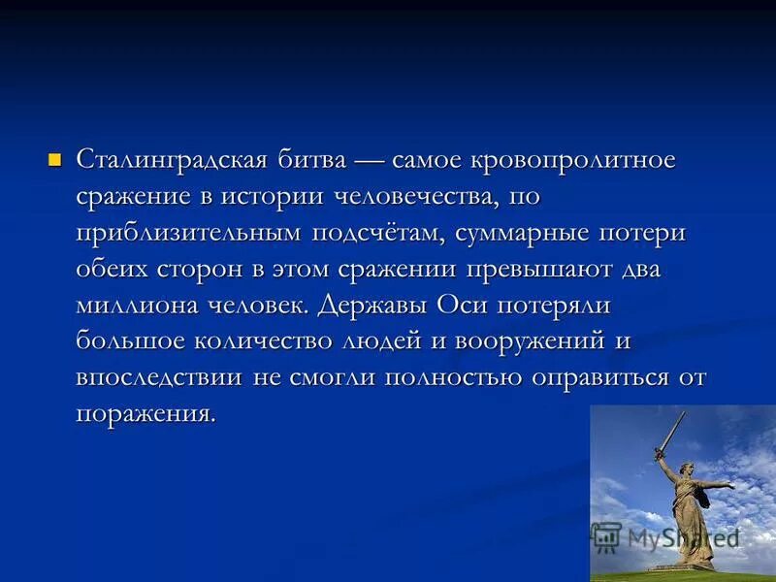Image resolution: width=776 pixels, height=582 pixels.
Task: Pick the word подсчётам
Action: click(x=379, y=233)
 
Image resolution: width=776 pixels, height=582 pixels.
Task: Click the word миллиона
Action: click(x=135, y=305)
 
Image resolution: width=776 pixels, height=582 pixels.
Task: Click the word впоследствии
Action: click(x=159, y=376)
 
